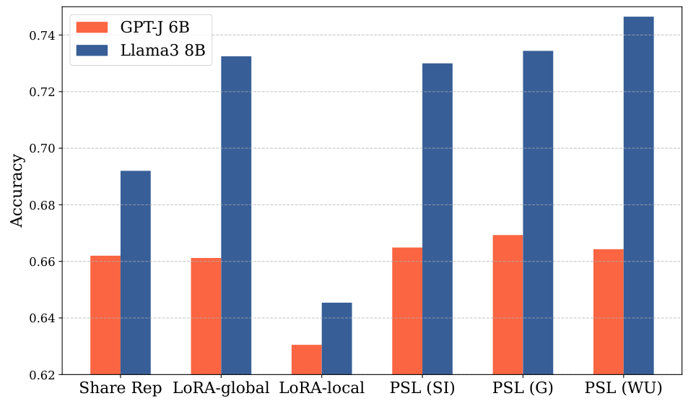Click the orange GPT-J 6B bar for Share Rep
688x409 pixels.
pos(105,315)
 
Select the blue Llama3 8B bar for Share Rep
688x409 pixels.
pos(136,272)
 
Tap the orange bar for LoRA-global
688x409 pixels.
pos(206,316)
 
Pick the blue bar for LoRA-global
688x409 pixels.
pos(236,215)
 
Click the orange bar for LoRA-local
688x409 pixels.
pos(307,359)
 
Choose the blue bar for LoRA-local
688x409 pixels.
pos(336,338)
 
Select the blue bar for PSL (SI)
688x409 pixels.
pos(437,219)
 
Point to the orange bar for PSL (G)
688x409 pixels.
pos(508,304)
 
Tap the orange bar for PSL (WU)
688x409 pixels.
pos(608,311)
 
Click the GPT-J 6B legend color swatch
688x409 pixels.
pos(92,27)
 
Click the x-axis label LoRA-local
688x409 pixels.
pos(322,389)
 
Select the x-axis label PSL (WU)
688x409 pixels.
pos(623,389)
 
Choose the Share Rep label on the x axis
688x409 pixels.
pos(121,389)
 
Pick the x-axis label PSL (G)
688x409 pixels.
pos(523,389)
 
